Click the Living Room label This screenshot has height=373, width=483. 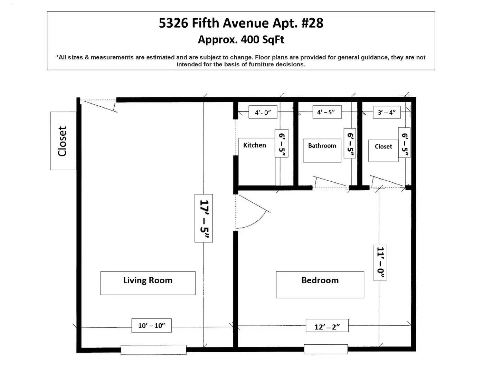[148, 280]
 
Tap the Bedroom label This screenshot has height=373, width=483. [320, 280]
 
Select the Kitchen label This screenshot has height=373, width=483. [255, 145]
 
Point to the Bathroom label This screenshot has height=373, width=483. [322, 146]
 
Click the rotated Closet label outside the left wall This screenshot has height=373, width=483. [63, 141]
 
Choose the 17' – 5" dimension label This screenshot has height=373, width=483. [204, 218]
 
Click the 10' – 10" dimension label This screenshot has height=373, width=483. [152, 326]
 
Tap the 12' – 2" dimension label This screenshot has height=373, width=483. [327, 327]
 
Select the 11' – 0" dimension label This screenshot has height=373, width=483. [380, 262]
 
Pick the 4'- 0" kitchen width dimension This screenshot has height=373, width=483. [263, 112]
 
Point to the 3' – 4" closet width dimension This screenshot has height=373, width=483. [387, 112]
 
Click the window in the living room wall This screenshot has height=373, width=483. [154, 350]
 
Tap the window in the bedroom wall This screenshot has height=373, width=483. [326, 349]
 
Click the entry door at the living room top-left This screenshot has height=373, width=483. [99, 106]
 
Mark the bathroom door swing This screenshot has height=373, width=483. [330, 182]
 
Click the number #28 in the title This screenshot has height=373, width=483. [312, 23]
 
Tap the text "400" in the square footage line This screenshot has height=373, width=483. [250, 39]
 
